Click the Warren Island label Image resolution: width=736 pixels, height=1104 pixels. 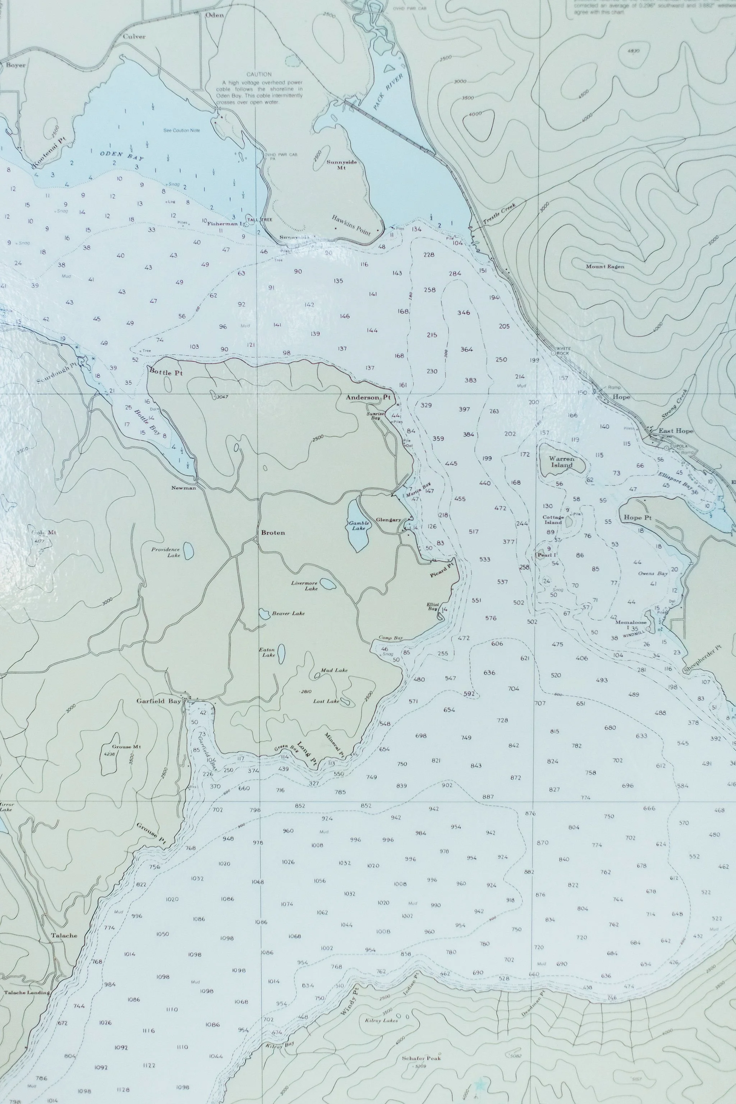(x=562, y=461)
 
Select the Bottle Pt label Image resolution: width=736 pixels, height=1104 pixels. (x=165, y=372)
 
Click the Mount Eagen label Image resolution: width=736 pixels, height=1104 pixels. (x=605, y=267)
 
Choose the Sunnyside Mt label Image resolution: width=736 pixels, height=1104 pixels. (x=341, y=165)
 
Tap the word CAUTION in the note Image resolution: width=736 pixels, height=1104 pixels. (x=259, y=74)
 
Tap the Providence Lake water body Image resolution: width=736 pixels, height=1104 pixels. (x=188, y=551)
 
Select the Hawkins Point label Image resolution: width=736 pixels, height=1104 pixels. (x=351, y=225)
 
